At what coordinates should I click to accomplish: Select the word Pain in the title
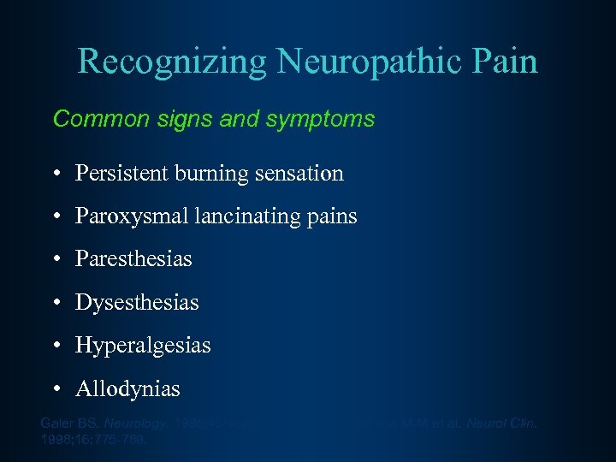506,62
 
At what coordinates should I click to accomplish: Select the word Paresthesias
133,259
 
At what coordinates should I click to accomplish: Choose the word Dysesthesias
137,303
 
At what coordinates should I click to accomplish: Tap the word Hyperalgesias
143,346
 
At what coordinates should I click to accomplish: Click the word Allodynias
128,389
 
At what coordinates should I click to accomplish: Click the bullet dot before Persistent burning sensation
56,175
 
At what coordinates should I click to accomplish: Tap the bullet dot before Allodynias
56,390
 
